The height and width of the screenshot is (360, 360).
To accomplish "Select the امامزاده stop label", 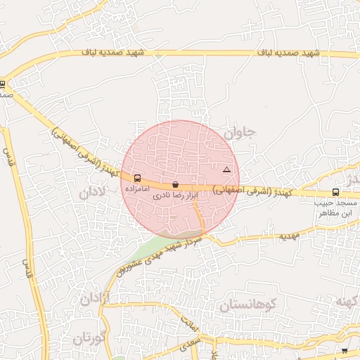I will (x=136, y=189).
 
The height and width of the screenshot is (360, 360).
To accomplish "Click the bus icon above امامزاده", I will (x=136, y=179).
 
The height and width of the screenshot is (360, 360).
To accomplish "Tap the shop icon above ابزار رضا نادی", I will (x=175, y=184).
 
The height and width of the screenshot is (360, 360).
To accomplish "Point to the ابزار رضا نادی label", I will (x=171, y=196).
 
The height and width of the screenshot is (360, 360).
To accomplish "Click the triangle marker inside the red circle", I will (x=226, y=170).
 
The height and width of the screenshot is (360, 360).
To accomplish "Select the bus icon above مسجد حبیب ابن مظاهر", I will (x=335, y=192).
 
